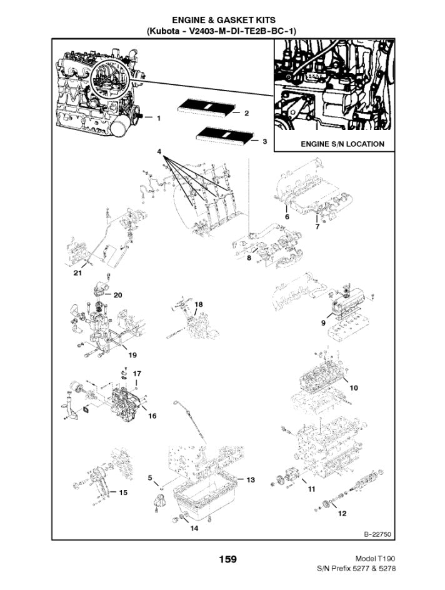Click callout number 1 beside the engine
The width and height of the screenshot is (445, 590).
(159, 117)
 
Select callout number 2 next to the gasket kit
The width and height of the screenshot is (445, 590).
(247, 113)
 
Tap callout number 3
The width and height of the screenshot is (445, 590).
(264, 141)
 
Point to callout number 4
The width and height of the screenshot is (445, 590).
(159, 152)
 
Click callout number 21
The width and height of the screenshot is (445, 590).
(77, 273)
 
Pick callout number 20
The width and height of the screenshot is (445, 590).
(117, 294)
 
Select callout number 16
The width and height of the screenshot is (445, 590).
(152, 415)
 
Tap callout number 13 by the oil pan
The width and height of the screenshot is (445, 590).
(250, 480)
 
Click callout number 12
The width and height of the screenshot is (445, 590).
(342, 514)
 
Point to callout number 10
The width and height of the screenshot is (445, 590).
(354, 387)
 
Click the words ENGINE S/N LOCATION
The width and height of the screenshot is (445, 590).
(342, 144)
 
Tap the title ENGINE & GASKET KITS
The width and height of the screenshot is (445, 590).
(222, 21)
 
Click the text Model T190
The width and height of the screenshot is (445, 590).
(375, 558)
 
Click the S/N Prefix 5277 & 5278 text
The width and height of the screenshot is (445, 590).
(357, 569)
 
